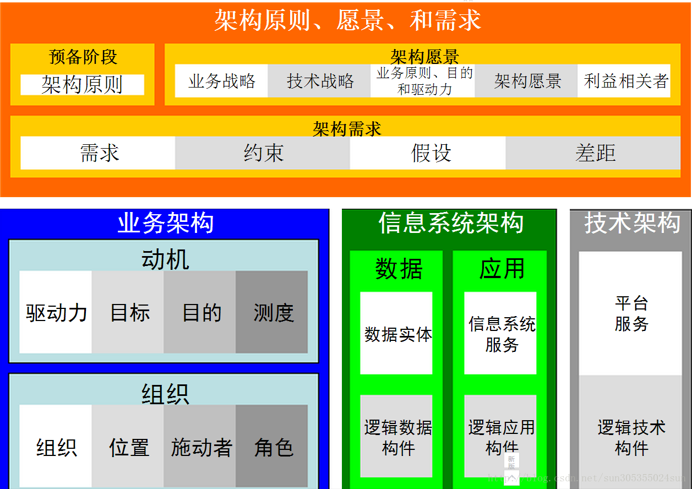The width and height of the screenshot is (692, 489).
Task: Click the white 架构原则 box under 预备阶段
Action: [x=82, y=85]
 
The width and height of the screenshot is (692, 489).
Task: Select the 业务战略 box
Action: [x=221, y=81]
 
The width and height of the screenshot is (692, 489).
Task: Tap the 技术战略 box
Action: [x=319, y=81]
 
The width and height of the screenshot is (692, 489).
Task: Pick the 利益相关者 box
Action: [x=624, y=81]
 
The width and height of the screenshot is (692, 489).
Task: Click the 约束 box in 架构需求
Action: [x=263, y=153]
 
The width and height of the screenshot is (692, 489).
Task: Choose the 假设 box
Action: [x=428, y=153]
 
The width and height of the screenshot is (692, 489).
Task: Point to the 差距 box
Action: [x=593, y=153]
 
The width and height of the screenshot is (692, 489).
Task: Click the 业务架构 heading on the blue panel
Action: [x=166, y=223]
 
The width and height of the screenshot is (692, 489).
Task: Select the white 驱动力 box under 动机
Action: [x=56, y=312]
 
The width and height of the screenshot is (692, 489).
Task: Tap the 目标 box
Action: [x=128, y=312]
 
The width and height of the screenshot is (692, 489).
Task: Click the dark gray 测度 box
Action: [x=271, y=312]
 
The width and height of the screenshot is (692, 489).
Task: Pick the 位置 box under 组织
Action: [x=128, y=446]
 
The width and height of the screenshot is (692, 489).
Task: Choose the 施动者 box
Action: [x=200, y=446]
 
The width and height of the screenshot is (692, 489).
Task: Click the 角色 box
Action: [x=271, y=446]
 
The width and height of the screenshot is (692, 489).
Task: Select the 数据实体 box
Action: [x=396, y=333]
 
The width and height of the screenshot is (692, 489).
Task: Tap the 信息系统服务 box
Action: [x=500, y=333]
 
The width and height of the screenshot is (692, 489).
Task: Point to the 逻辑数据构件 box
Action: [x=396, y=436]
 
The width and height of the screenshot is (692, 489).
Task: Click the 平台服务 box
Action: [x=630, y=313]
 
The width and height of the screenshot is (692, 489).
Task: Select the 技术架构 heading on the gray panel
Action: [x=632, y=223]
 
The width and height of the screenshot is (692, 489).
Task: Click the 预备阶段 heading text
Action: [x=83, y=57]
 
